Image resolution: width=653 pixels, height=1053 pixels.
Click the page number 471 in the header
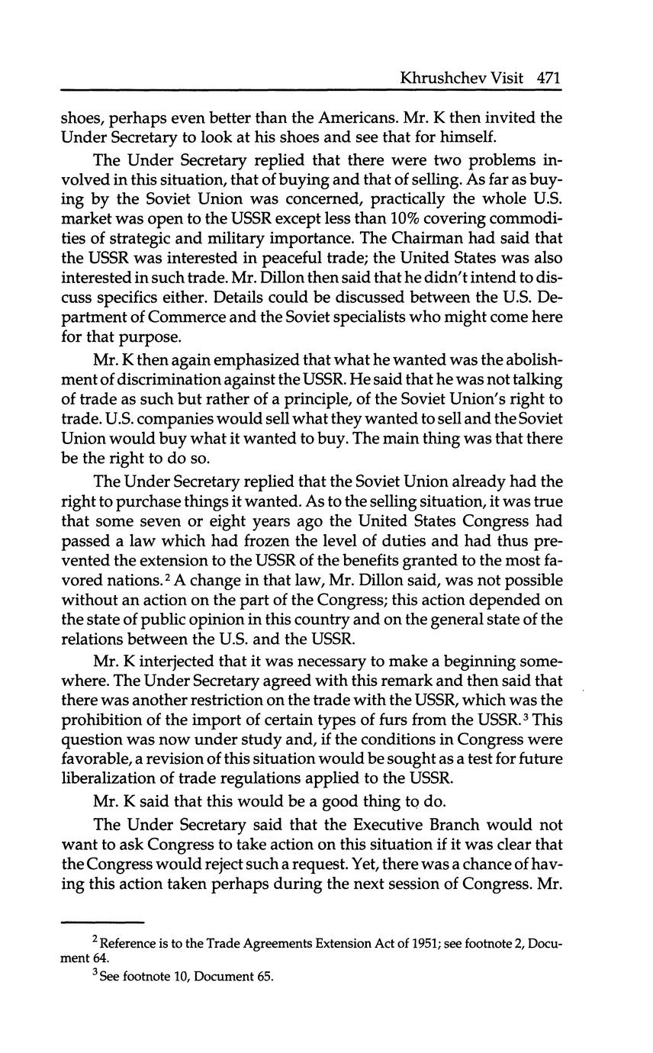tap(548, 77)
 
